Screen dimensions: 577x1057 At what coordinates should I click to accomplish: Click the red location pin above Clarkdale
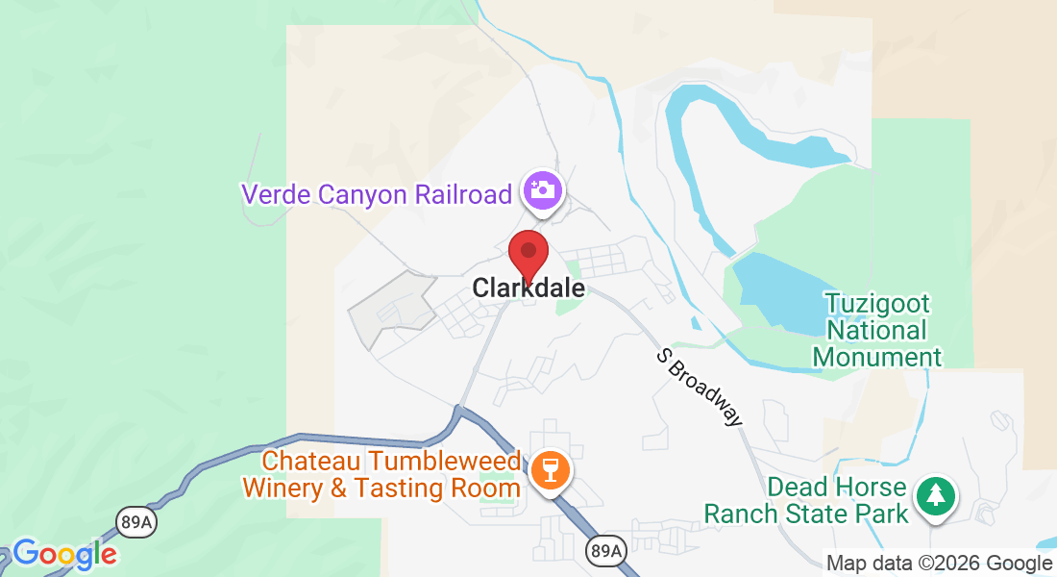click(x=528, y=254)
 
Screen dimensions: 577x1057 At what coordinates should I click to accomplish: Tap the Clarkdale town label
click(x=528, y=288)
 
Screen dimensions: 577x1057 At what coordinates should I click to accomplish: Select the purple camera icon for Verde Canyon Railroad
click(x=542, y=189)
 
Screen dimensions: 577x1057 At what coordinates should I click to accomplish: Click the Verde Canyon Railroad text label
click(x=377, y=194)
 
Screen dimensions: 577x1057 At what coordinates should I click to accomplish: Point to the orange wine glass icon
click(x=551, y=470)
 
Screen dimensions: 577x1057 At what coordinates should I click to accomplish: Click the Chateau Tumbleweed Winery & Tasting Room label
click(x=381, y=474)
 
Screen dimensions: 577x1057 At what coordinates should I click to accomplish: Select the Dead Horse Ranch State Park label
click(x=805, y=500)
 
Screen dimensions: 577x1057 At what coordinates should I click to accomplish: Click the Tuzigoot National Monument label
click(x=877, y=331)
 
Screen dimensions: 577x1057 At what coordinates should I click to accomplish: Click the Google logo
click(x=64, y=554)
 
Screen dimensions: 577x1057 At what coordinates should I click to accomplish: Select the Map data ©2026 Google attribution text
click(x=939, y=564)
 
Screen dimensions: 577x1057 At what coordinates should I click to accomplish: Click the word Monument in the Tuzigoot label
click(x=877, y=358)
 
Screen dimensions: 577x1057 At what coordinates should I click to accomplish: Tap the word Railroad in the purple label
click(x=463, y=194)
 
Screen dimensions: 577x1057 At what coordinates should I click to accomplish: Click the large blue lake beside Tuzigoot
click(x=778, y=288)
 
